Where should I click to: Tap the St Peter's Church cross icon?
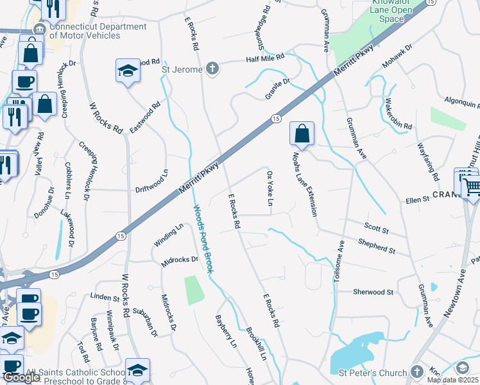click(416, 372)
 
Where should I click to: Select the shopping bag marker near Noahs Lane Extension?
click(302, 133)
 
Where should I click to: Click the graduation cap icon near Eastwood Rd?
click(128, 71)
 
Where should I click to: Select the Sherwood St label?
click(373, 292)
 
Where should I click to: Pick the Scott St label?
click(377, 228)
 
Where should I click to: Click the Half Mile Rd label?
click(265, 58)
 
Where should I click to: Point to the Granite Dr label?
click(278, 89)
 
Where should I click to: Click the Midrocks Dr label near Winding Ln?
click(180, 260)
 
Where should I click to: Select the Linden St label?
click(105, 297)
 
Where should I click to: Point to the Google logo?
click(22, 378)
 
